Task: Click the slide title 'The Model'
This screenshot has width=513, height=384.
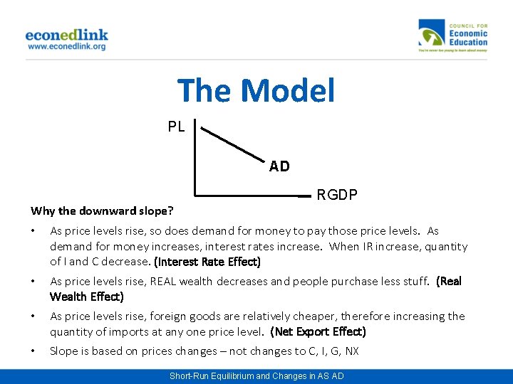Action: (x=256, y=91)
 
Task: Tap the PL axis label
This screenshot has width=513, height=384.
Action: (x=176, y=127)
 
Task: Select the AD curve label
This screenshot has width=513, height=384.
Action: (x=279, y=166)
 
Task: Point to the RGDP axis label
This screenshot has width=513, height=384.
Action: (x=337, y=195)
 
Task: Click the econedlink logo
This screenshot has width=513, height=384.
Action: (x=66, y=35)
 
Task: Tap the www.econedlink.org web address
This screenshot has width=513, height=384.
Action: (x=66, y=46)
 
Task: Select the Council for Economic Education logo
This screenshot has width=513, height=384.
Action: (x=453, y=36)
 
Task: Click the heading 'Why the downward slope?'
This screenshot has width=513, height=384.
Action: (x=103, y=210)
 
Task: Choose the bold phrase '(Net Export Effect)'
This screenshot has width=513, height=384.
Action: (x=318, y=331)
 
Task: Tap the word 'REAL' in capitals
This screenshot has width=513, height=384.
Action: (x=164, y=281)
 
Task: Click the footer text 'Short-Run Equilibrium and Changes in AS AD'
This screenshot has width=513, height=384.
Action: (x=256, y=375)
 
